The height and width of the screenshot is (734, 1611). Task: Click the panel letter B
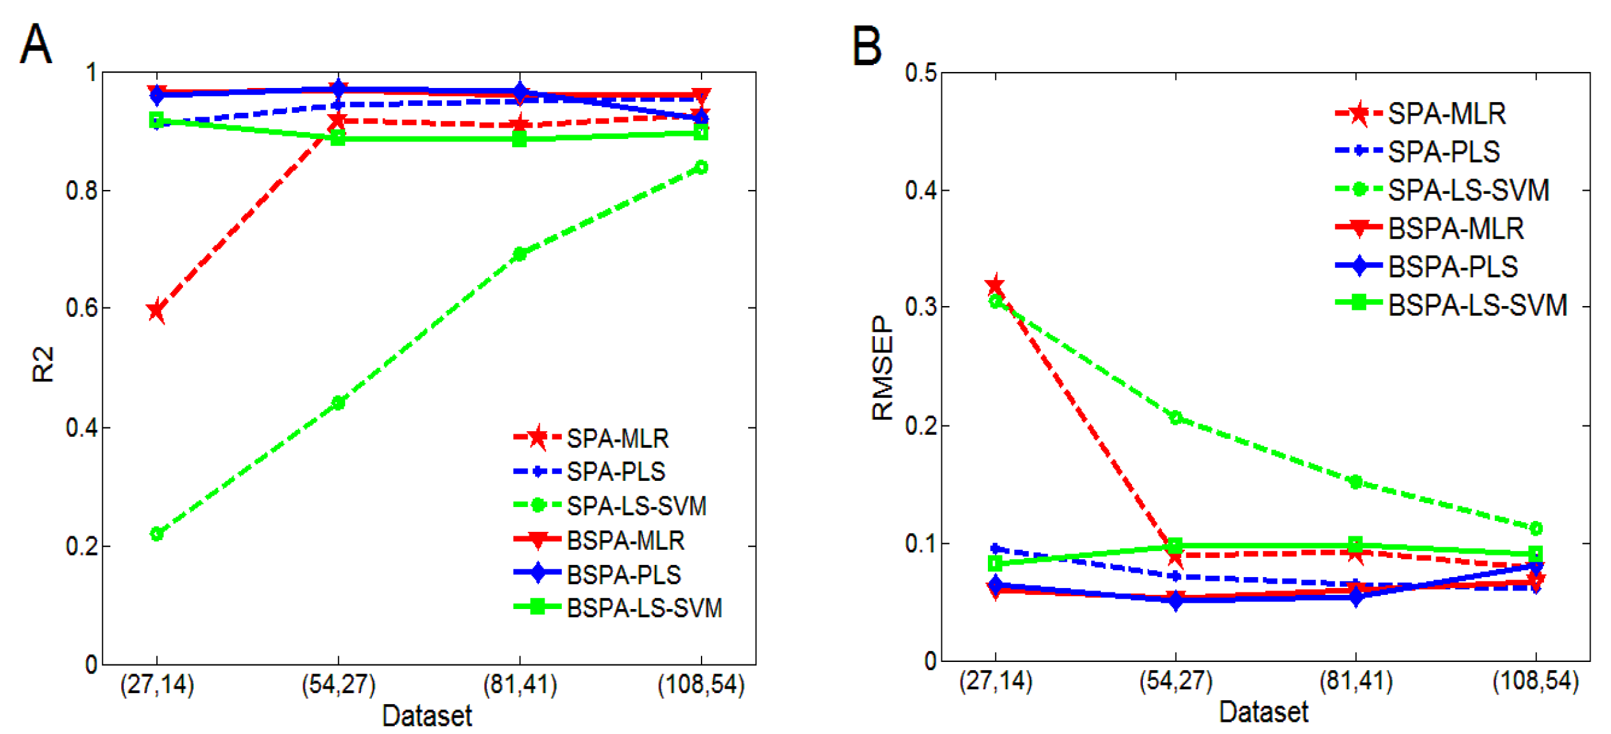click(x=867, y=46)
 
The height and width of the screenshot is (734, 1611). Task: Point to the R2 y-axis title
click(x=42, y=365)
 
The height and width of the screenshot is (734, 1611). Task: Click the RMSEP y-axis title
click(x=883, y=368)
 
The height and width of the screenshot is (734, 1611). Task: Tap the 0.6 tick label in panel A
click(x=82, y=308)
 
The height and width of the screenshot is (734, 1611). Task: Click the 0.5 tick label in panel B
click(x=921, y=73)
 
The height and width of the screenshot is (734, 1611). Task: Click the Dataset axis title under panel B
click(x=1263, y=712)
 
